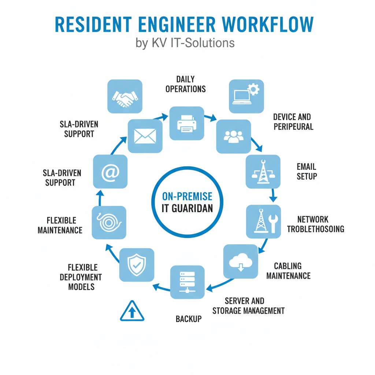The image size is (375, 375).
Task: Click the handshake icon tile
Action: pyautogui.click(x=125, y=96)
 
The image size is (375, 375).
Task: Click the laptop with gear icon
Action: pyautogui.click(x=246, y=96)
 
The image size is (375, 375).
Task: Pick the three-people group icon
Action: pyautogui.click(x=233, y=136)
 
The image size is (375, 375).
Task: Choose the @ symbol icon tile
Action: pyautogui.click(x=110, y=172)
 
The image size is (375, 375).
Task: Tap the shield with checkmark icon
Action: pyautogui.click(x=137, y=264)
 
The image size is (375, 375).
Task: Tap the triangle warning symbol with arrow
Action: pyautogui.click(x=132, y=311)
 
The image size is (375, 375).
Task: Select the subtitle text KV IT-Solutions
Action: pyautogui.click(x=193, y=43)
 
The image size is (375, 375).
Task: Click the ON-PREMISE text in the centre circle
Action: pyautogui.click(x=187, y=197)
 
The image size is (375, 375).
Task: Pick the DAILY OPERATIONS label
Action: pyautogui.click(x=185, y=84)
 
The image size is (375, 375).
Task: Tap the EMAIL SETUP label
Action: pyautogui.click(x=307, y=171)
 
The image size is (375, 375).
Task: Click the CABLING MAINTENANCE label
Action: pyautogui.click(x=288, y=271)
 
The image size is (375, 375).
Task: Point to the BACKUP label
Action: pyautogui.click(x=189, y=319)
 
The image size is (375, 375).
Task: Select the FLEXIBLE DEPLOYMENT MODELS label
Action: pyautogui.click(x=81, y=277)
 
